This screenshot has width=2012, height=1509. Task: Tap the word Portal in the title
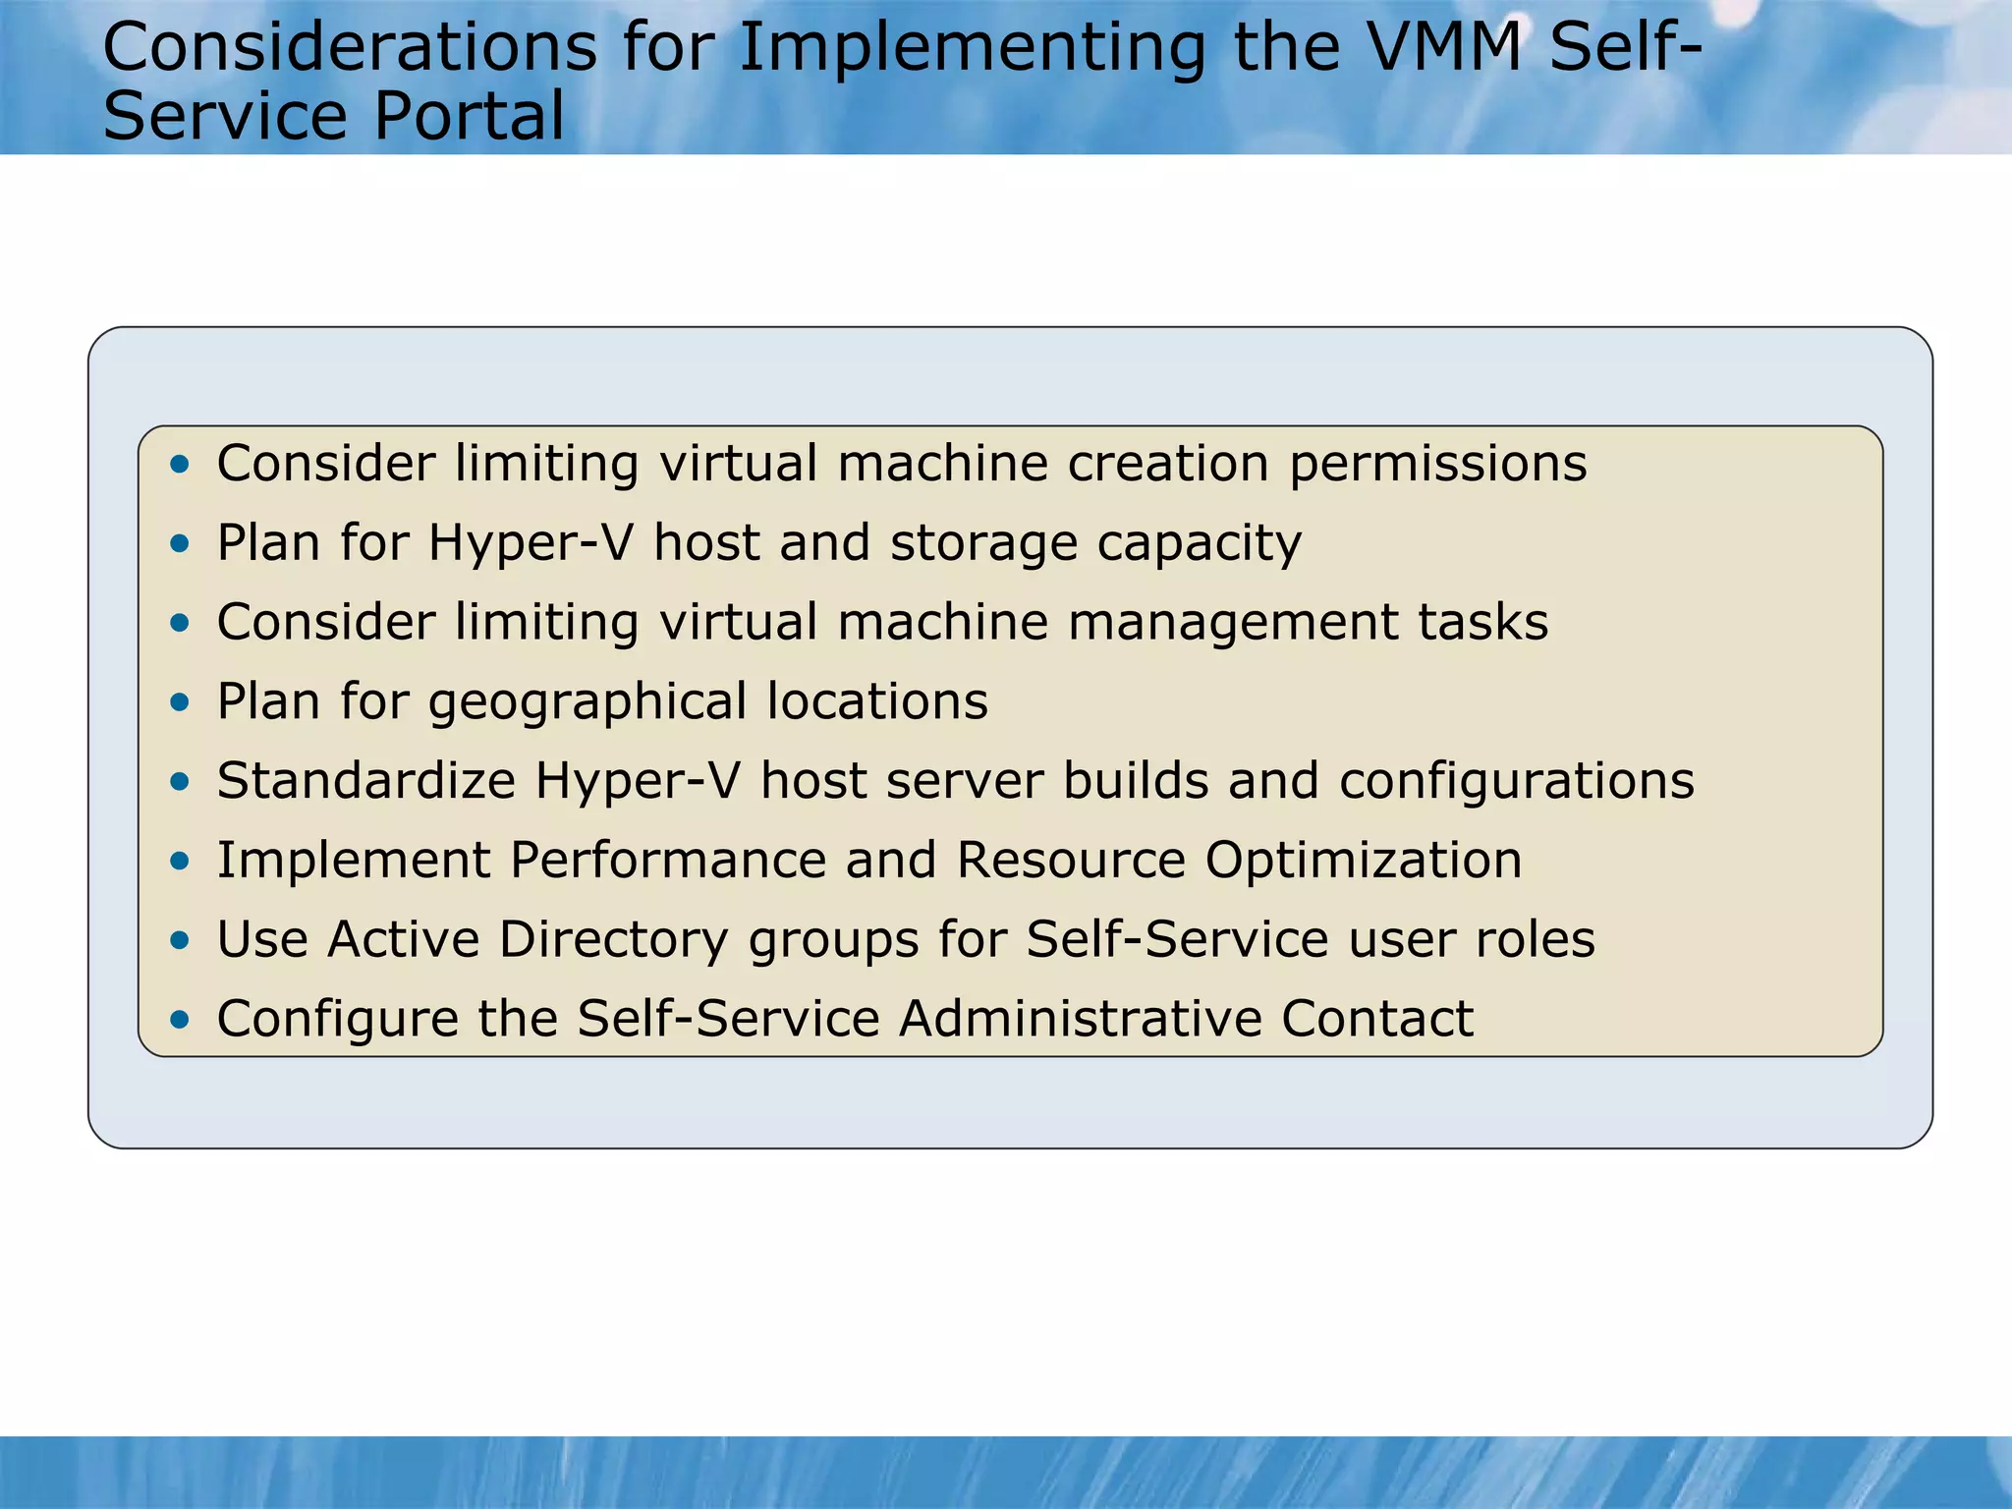pyautogui.click(x=469, y=116)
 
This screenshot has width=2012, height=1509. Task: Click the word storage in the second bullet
pyautogui.click(x=983, y=544)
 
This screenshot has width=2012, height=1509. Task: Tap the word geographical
pyautogui.click(x=587, y=703)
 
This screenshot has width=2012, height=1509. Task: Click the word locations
pyautogui.click(x=877, y=701)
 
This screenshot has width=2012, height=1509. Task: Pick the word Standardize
pyautogui.click(x=366, y=781)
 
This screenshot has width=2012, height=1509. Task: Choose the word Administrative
pyautogui.click(x=1080, y=1019)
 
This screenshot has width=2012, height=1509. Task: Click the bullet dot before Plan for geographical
pyautogui.click(x=179, y=702)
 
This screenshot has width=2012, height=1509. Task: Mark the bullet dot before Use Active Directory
pyautogui.click(x=179, y=940)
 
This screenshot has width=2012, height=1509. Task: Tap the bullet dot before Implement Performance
pyautogui.click(x=179, y=862)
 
